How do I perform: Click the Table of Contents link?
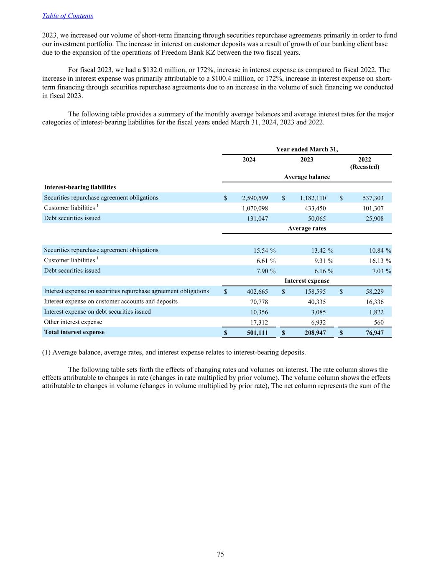tap(68, 16)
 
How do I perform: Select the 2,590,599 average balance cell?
tap(255, 198)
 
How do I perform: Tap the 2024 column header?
tap(249, 160)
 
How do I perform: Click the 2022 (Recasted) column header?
tap(365, 163)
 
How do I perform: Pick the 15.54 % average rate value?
tap(265, 251)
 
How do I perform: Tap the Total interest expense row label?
tap(74, 332)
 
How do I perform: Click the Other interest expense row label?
tap(73, 322)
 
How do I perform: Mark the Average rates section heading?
tap(307, 228)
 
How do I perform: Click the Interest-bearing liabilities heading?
tap(80, 187)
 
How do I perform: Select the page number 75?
tap(220, 554)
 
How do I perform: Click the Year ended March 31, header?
tap(307, 149)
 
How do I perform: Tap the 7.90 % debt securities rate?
tap(266, 271)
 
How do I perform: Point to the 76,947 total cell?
tap(372, 333)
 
